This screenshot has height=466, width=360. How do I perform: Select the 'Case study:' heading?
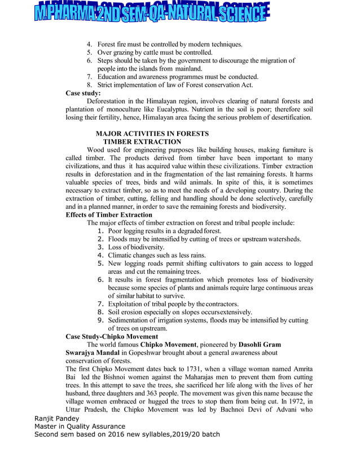tap(84, 93)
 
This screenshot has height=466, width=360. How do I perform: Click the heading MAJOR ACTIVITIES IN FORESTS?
tap(152, 134)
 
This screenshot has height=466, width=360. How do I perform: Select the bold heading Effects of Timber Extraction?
tap(109, 215)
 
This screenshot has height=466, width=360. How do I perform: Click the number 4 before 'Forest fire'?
tap(89, 44)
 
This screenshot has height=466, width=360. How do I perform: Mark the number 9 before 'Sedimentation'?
tap(100, 320)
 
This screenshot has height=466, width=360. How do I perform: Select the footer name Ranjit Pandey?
tap(57, 419)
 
